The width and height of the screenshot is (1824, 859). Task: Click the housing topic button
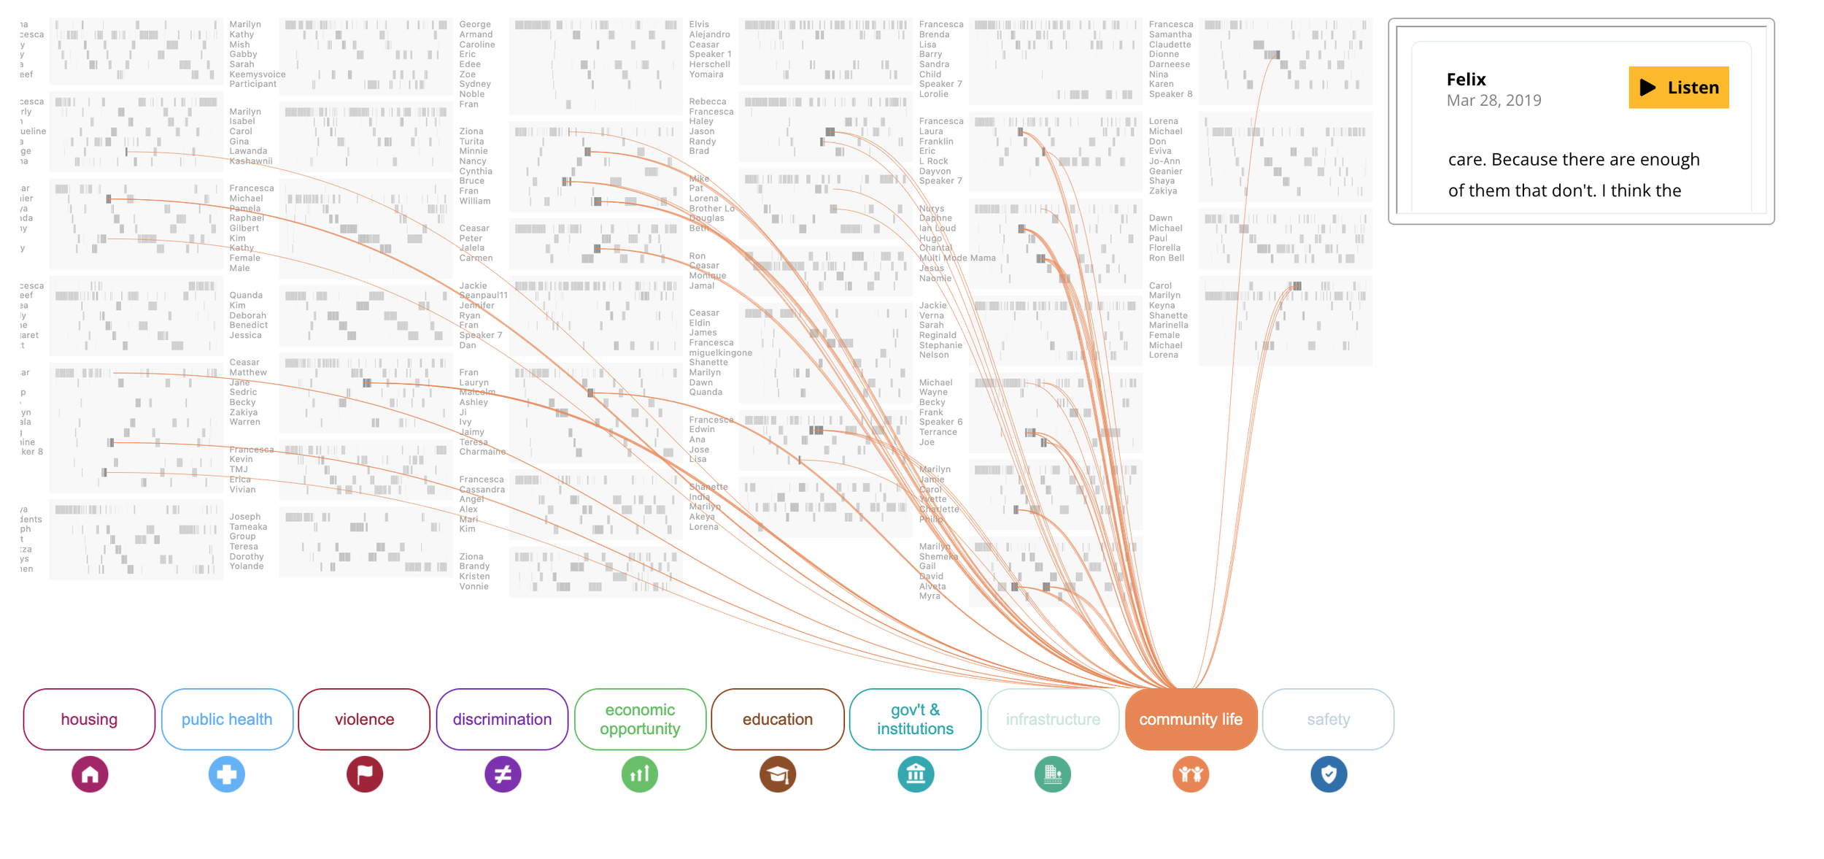point(89,719)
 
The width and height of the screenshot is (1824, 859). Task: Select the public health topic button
point(227,719)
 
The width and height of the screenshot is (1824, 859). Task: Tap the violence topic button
point(364,719)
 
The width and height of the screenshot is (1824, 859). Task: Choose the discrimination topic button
point(502,719)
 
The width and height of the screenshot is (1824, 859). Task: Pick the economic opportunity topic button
point(640,719)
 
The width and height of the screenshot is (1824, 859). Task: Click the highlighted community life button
point(1191,719)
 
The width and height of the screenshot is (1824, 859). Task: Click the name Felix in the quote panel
point(1466,80)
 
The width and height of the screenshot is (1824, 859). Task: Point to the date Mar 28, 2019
point(1493,101)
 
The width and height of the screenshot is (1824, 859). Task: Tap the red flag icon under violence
point(365,774)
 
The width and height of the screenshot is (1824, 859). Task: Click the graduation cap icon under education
point(778,774)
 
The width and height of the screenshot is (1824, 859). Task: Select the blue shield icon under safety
point(1329,774)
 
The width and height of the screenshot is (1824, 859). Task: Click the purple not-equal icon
point(503,774)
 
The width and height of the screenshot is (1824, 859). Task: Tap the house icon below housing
point(90,774)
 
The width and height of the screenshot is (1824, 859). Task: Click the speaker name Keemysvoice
point(258,74)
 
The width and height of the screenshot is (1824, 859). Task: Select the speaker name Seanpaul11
point(483,296)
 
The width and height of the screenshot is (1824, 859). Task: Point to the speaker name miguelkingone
point(720,353)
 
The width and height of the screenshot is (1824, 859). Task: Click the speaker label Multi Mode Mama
point(957,258)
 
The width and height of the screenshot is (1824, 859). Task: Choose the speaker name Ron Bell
point(1167,258)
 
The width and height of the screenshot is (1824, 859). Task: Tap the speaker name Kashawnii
point(251,161)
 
